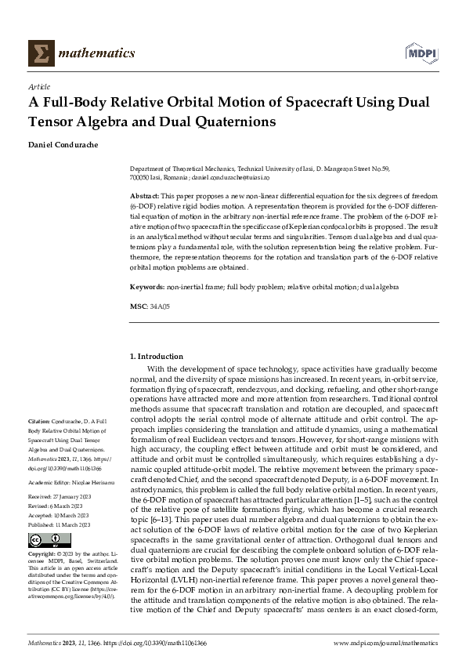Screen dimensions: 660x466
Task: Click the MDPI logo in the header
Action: (x=421, y=53)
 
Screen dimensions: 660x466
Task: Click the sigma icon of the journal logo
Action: (x=37, y=53)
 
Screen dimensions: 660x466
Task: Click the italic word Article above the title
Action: (x=38, y=85)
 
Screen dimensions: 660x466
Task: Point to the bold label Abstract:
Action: (x=144, y=194)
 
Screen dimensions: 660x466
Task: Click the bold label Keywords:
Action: (x=146, y=288)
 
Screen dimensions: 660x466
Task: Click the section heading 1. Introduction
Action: (x=157, y=357)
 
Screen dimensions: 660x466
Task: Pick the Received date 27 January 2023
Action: (x=73, y=497)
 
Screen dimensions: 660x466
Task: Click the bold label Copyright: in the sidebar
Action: (x=43, y=553)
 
